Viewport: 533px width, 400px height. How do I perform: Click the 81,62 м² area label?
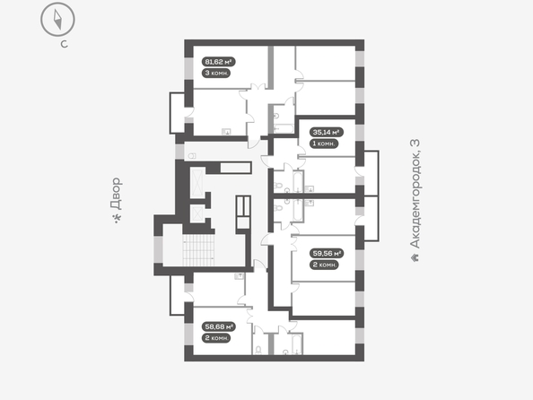point(219,62)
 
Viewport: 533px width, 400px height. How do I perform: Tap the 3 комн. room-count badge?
point(216,73)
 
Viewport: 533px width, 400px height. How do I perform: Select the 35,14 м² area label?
point(327,132)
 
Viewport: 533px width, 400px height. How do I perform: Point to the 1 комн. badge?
point(324,143)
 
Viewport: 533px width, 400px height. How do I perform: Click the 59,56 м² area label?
point(327,254)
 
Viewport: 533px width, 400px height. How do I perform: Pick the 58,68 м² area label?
point(219,327)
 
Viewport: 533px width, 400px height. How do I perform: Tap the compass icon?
point(57,20)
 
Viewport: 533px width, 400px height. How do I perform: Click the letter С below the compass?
point(65,44)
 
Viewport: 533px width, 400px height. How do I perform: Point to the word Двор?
point(117,193)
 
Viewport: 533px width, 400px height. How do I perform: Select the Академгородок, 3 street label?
point(415,194)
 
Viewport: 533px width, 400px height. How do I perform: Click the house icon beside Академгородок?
point(415,257)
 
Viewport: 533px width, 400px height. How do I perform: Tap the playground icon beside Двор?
point(118,218)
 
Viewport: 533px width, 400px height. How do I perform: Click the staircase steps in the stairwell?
point(199,250)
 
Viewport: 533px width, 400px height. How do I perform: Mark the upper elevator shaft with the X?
point(197,182)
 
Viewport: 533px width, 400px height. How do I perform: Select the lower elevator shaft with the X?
point(197,213)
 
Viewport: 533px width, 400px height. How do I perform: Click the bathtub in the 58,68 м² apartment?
point(297,343)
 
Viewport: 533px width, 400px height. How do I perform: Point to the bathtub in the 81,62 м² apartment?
point(284,128)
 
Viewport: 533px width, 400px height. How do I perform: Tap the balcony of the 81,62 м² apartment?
point(177,113)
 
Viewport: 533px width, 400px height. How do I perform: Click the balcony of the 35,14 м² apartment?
point(371,173)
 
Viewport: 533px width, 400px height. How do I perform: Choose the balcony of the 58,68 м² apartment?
point(178,295)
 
